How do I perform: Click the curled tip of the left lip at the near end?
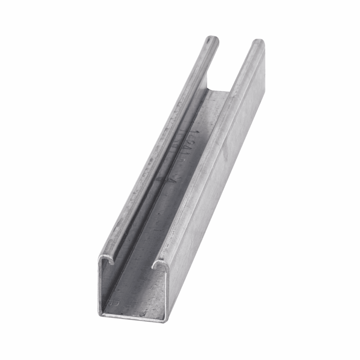point(112,262)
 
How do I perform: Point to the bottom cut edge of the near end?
point(133,317)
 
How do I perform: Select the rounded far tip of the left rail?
point(212,38)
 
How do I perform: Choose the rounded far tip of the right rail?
point(257,42)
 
